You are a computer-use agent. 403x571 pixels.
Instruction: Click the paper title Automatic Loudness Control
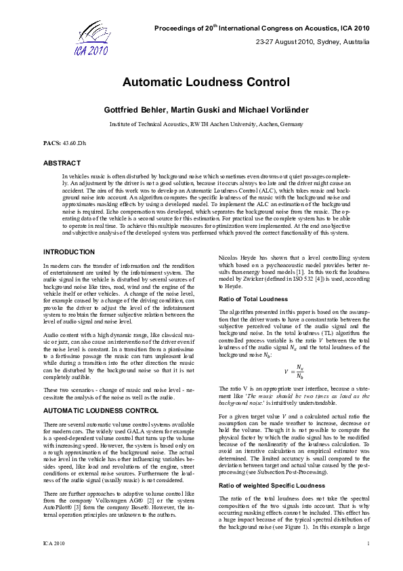click(x=206, y=83)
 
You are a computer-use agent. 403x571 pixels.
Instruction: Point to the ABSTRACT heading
click(x=62, y=163)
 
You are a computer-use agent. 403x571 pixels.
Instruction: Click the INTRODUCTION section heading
click(x=69, y=252)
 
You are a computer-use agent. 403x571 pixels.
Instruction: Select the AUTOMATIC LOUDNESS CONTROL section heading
click(x=101, y=411)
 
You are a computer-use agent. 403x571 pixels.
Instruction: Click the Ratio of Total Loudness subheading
click(x=253, y=299)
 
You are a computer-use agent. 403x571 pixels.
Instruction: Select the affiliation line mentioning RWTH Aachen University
click(x=206, y=125)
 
